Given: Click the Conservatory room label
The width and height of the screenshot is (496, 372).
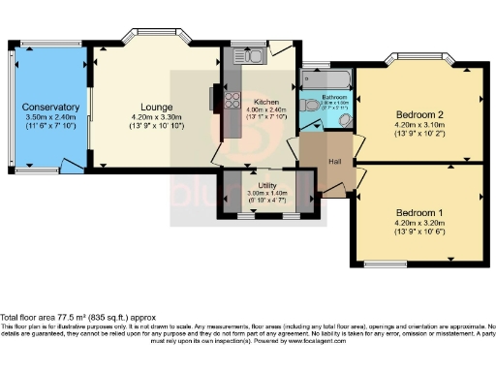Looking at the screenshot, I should pos(52,107).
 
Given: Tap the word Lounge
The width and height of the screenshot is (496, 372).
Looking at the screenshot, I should pos(155,107).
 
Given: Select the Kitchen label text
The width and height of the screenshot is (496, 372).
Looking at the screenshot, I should pos(266,102).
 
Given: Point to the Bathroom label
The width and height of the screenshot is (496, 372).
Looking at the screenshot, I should pos(335,97).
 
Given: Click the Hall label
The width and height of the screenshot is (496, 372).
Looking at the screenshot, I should pos(334,161).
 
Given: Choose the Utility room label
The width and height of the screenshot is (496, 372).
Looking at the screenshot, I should pos(268,184).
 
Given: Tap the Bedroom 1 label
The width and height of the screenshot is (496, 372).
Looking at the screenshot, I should pos(420,213).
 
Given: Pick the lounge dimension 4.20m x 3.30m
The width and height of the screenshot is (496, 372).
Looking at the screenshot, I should pos(155,118).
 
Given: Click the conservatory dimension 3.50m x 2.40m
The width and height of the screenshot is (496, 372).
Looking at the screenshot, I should pos(52,118).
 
